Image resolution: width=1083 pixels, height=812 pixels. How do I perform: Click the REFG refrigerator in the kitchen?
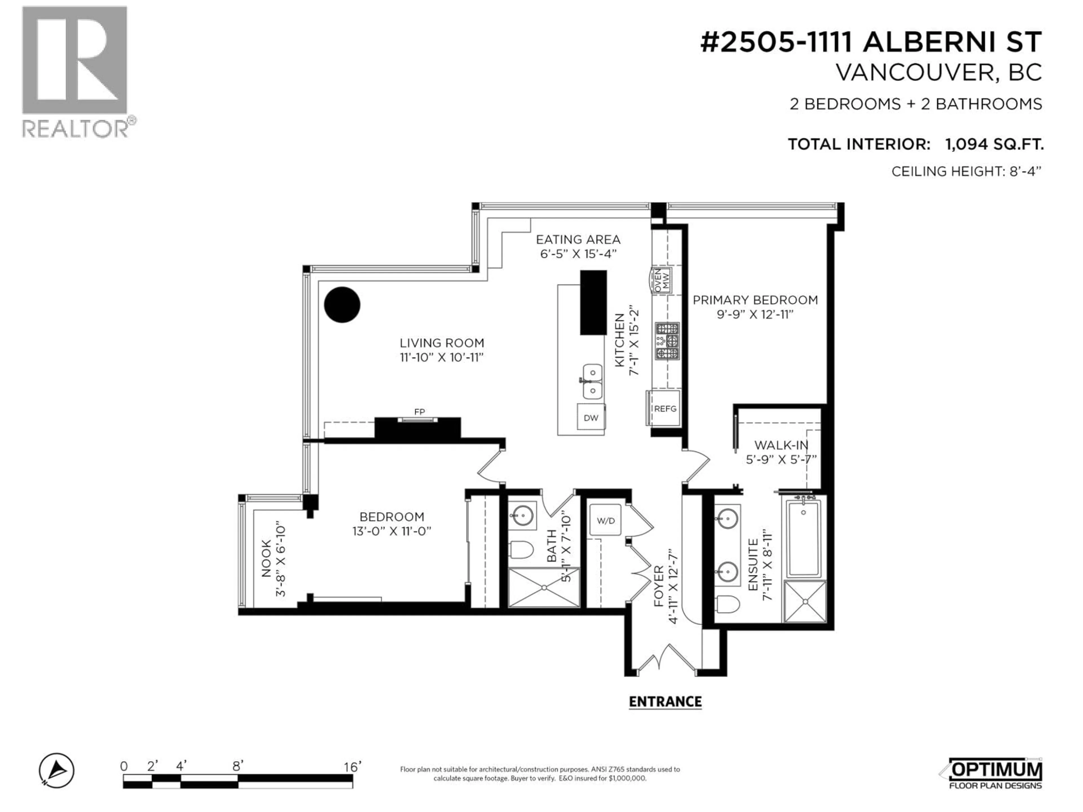point(664,408)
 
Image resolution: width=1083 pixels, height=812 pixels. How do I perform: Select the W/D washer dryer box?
point(606,520)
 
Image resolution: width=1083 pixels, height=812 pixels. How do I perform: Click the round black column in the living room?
point(342,304)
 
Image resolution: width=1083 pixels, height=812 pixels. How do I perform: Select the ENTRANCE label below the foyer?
point(665,702)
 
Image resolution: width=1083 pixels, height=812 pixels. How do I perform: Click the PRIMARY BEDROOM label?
point(755,300)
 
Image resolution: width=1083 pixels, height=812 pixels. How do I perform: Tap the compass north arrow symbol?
point(57,770)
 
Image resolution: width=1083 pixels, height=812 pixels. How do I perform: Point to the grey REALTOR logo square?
point(74,60)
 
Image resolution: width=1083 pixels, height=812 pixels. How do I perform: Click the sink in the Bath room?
point(522,515)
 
